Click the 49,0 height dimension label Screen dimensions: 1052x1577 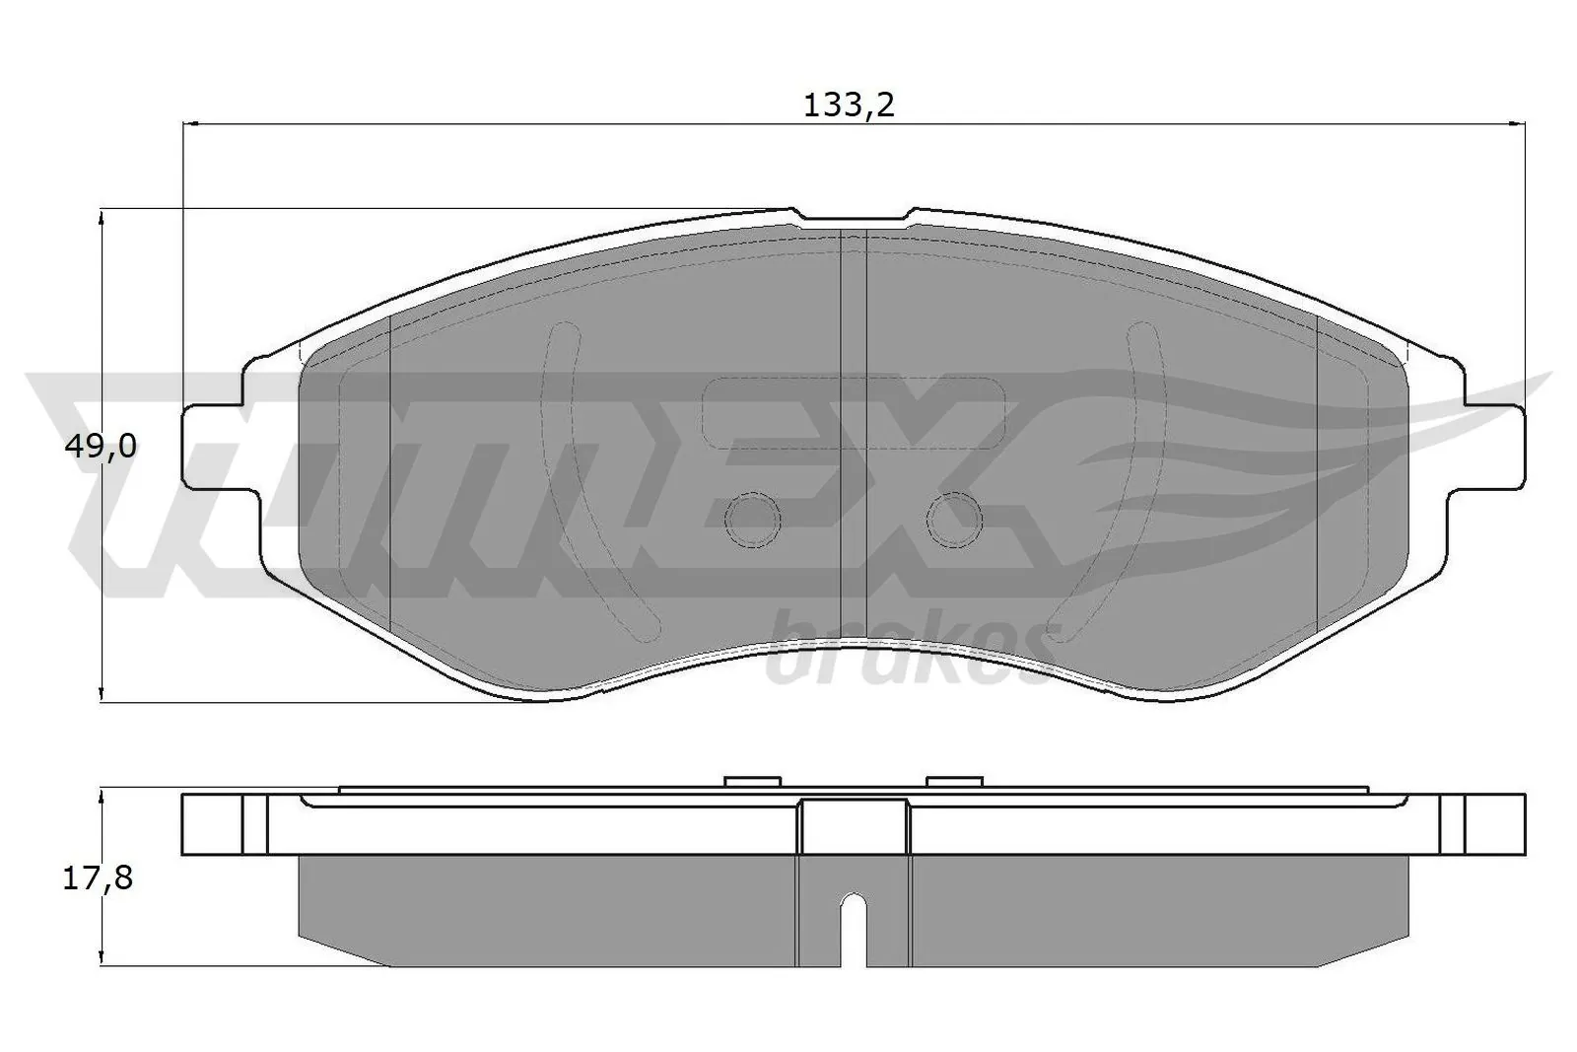[100, 447]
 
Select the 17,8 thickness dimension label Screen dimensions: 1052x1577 [98, 877]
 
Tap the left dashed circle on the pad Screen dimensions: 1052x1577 [752, 520]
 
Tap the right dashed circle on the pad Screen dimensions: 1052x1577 [954, 520]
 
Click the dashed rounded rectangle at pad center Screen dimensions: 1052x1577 [854, 412]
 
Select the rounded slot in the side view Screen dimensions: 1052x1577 [854, 927]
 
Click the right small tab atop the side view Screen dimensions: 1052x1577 [955, 782]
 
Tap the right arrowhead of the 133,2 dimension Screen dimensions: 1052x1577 [1517, 123]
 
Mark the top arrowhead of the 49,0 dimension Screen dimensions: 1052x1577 [103, 219]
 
